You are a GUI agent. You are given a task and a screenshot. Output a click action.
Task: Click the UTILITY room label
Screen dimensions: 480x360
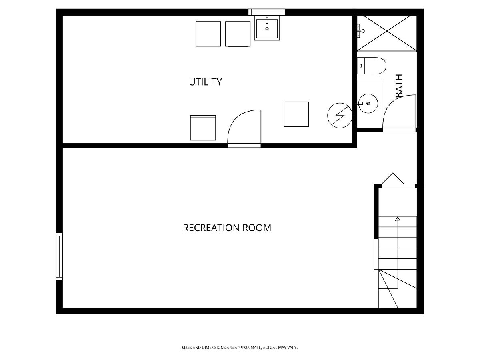pyautogui.click(x=205, y=82)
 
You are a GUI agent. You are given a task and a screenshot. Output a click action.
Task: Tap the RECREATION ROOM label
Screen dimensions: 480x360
pyautogui.click(x=227, y=228)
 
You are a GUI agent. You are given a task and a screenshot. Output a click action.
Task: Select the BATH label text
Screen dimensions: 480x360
pyautogui.click(x=399, y=86)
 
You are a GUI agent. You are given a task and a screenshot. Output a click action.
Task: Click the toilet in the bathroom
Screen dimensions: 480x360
pyautogui.click(x=372, y=66)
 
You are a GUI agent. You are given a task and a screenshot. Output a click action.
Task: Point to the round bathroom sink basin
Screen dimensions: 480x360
pyautogui.click(x=368, y=103)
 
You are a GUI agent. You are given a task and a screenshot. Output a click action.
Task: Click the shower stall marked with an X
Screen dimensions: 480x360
pyautogui.click(x=387, y=33)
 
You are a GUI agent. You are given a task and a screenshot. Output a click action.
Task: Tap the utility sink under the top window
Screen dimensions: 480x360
pyautogui.click(x=267, y=29)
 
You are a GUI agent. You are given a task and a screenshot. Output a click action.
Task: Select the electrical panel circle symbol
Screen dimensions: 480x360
pyautogui.click(x=340, y=116)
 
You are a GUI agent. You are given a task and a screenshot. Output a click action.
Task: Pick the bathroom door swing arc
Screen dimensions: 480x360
pyautogui.click(x=391, y=102)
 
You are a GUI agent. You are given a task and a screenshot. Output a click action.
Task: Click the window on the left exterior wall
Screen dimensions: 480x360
pyautogui.click(x=59, y=256)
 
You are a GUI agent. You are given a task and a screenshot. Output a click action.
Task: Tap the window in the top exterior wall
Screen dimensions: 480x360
pyautogui.click(x=266, y=12)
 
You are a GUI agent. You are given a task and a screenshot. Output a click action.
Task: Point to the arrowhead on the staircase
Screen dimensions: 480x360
pyautogui.click(x=398, y=219)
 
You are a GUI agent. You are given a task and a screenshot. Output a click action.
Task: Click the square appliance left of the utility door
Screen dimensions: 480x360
pyautogui.click(x=203, y=128)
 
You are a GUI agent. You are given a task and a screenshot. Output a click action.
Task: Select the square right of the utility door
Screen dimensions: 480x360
pyautogui.click(x=296, y=114)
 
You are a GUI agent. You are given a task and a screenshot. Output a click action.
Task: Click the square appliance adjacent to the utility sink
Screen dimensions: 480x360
pyautogui.click(x=238, y=34)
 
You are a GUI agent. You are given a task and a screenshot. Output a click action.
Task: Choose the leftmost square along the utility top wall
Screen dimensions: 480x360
pyautogui.click(x=208, y=34)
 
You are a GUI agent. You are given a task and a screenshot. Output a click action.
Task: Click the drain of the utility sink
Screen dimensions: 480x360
pyautogui.click(x=267, y=29)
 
